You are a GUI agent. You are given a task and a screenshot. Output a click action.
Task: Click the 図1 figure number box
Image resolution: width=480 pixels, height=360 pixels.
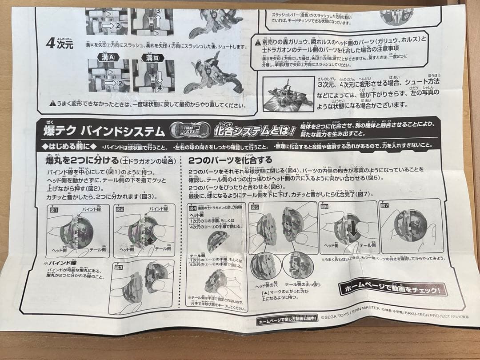[54, 209]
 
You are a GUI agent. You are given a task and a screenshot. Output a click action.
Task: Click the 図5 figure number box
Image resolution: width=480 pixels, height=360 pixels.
[255, 207]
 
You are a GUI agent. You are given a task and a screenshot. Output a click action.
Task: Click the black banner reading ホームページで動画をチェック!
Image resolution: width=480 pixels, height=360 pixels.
[392, 289]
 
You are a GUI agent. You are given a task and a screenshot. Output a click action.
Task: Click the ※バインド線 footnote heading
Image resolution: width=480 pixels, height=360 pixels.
[60, 263]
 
